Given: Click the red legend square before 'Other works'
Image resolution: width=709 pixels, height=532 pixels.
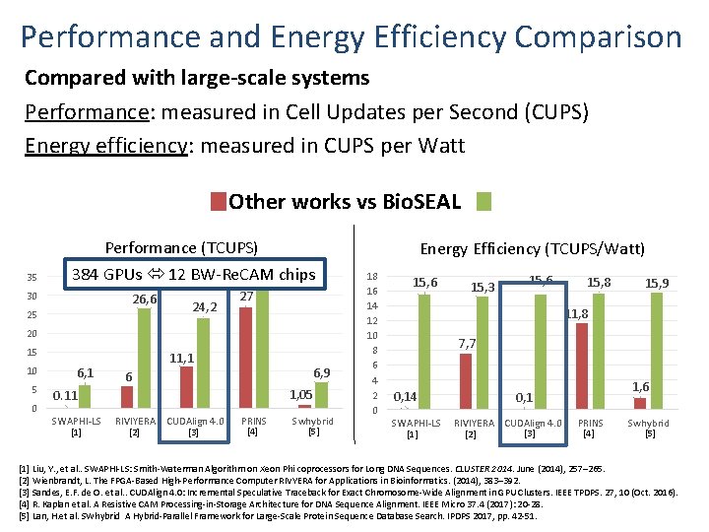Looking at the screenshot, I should coord(218,203).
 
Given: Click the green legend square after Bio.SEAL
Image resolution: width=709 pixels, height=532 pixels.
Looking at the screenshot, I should coord(483,203).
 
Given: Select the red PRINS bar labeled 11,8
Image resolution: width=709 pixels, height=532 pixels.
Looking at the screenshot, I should coord(581,366).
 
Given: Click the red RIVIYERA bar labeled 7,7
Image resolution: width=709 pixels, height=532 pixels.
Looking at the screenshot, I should coord(467,381).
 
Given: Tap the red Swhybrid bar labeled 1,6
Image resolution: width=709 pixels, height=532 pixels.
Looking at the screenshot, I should coord(640,402).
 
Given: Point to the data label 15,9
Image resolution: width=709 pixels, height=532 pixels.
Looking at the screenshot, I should coord(658,284).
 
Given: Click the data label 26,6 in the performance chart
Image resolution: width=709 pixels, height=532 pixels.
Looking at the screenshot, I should coord(144,299).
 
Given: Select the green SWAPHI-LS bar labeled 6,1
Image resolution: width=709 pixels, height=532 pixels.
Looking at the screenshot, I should coord(86,395).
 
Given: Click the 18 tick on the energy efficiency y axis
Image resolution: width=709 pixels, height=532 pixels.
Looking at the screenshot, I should coord(371,278).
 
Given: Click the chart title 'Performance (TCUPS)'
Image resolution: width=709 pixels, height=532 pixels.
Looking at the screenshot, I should coord(181,248).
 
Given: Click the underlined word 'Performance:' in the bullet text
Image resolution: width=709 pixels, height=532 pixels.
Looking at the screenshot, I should coord(74,111).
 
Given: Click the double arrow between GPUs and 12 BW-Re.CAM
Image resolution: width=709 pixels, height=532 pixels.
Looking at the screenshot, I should coord(156,274).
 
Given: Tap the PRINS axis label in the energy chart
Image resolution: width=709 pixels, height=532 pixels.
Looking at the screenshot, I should coord(590,423).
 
